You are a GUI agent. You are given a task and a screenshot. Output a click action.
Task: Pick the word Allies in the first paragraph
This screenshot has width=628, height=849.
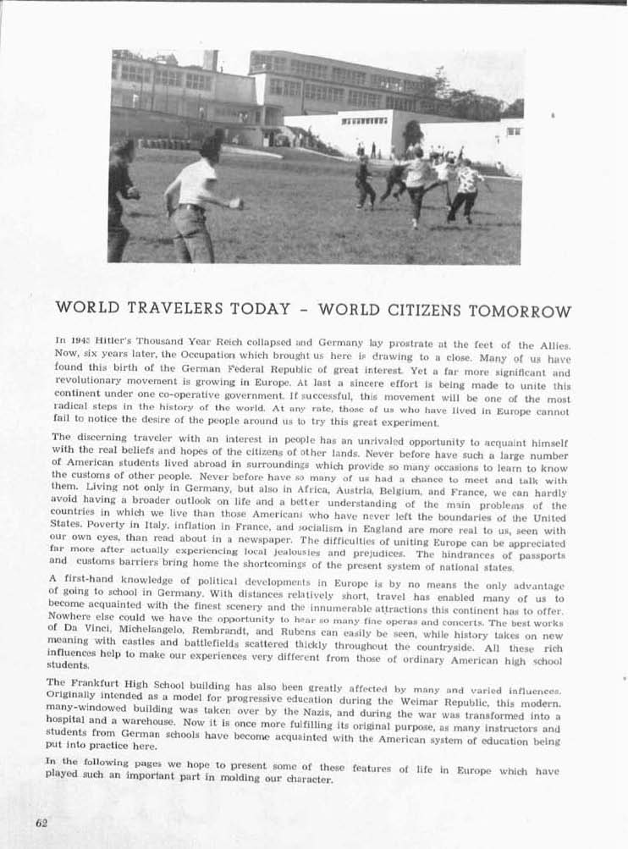click(550, 345)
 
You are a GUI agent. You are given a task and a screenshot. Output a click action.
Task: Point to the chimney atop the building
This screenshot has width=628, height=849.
click(211, 60)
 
